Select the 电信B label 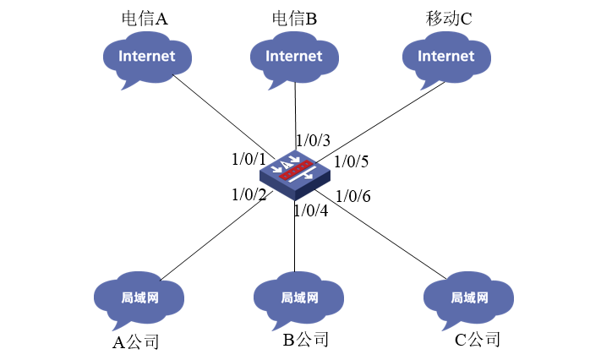(x=294, y=19)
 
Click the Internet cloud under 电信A (x=145, y=57)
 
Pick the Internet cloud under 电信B (x=293, y=57)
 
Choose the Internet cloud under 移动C (x=445, y=57)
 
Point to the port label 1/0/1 (x=249, y=159)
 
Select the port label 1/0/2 (x=249, y=194)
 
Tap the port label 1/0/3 (x=312, y=139)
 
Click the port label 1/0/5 (x=352, y=161)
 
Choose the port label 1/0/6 (x=352, y=197)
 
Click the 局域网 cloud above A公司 (x=139, y=298)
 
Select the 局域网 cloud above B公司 (x=298, y=297)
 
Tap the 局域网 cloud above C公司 (x=467, y=297)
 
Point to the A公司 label (x=136, y=342)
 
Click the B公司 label (x=305, y=341)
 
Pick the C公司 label (x=477, y=341)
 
